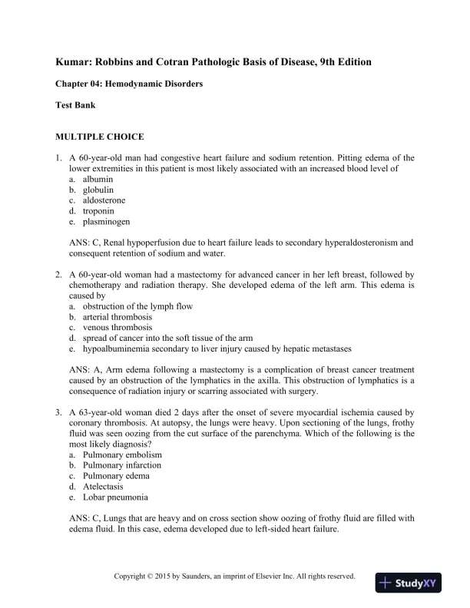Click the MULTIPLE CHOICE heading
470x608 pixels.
99,137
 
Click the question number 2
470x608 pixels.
58,274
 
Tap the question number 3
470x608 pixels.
58,412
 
